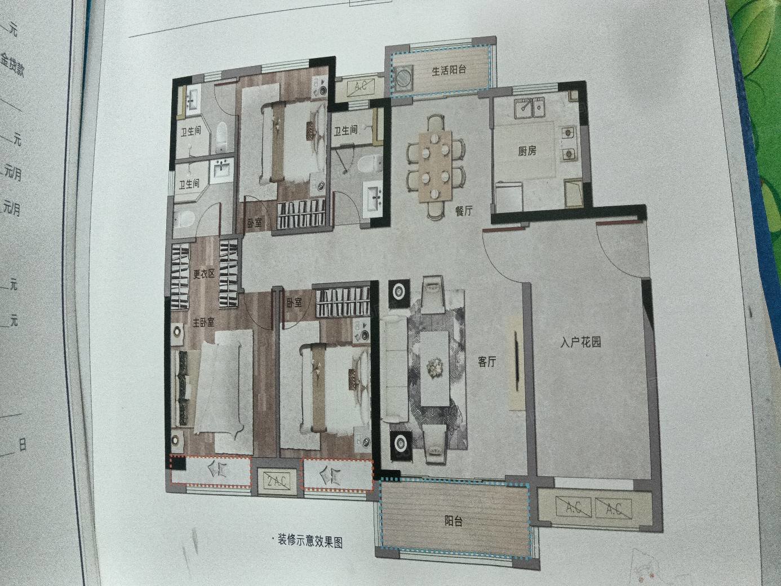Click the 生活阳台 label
pos(449,71)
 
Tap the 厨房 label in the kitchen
pos(527,151)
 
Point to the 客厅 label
pos(487,362)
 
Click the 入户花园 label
pos(580,342)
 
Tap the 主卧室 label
pos(203,323)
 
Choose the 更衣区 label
pos(203,274)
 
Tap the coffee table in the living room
pos(434,367)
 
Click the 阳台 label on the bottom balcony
pos(453,521)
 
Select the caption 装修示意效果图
pos(309,541)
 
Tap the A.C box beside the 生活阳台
pos(361,87)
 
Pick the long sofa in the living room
pos(396,369)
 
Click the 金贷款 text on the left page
pos(11,66)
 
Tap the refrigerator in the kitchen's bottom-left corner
pos(505,197)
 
